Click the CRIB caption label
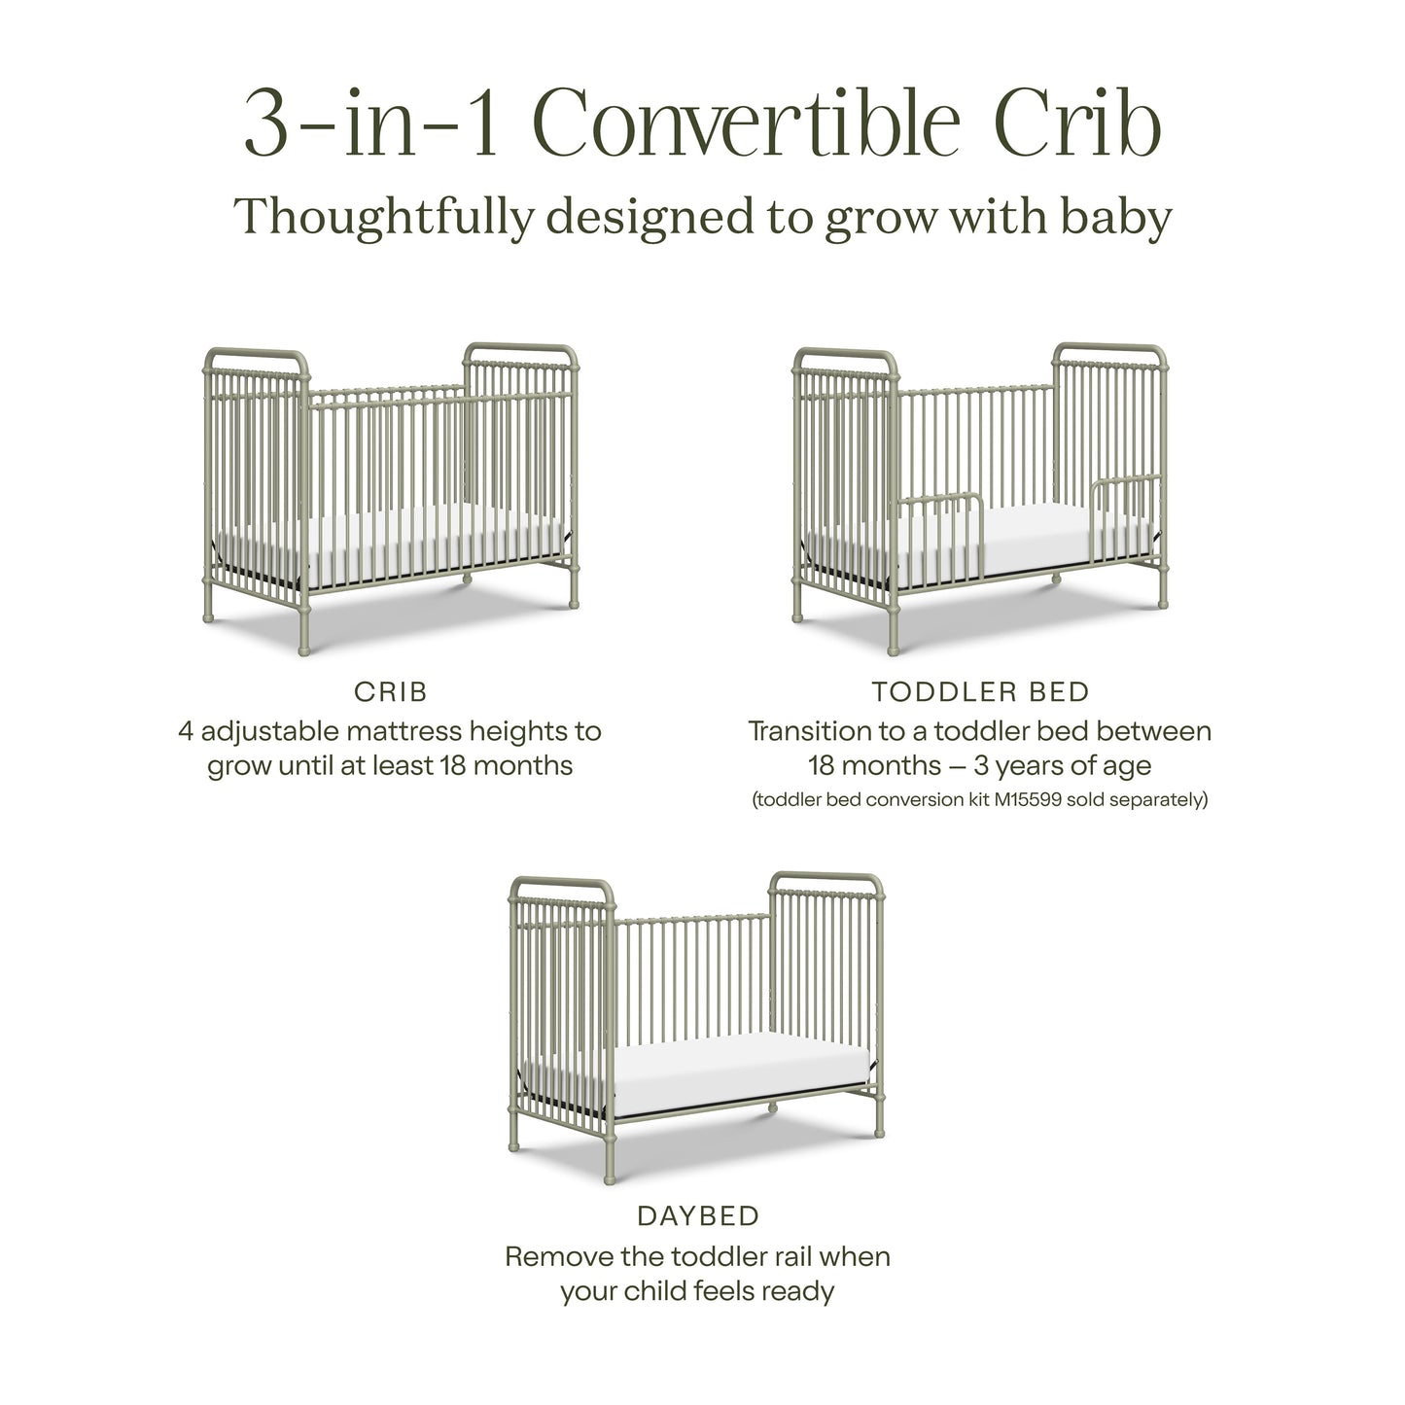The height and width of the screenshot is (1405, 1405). click(x=390, y=692)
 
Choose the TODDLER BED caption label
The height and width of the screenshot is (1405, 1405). click(x=980, y=692)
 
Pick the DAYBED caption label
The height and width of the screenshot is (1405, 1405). click(x=697, y=1215)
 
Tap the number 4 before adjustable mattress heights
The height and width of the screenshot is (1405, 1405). click(x=186, y=730)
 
